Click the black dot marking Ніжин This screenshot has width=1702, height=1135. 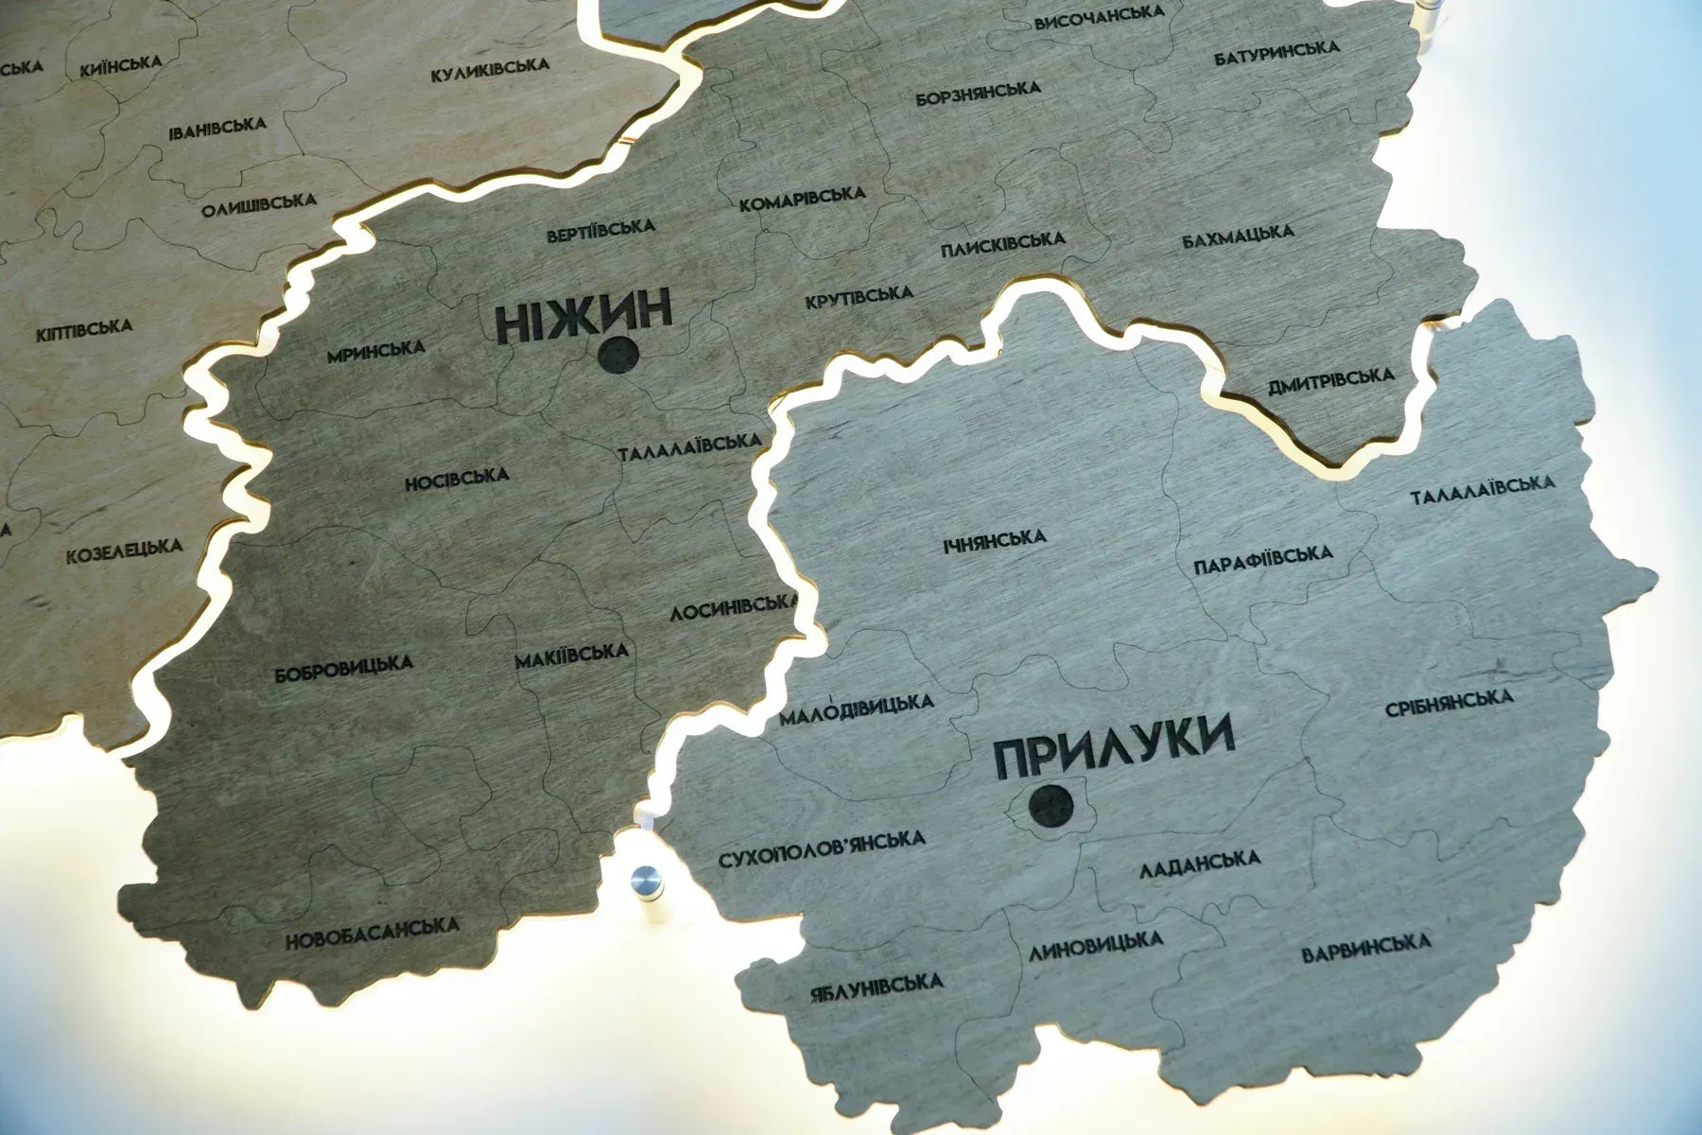[618, 355]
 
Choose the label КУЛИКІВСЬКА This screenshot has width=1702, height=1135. [490, 70]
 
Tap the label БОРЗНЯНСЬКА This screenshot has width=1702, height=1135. [978, 93]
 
